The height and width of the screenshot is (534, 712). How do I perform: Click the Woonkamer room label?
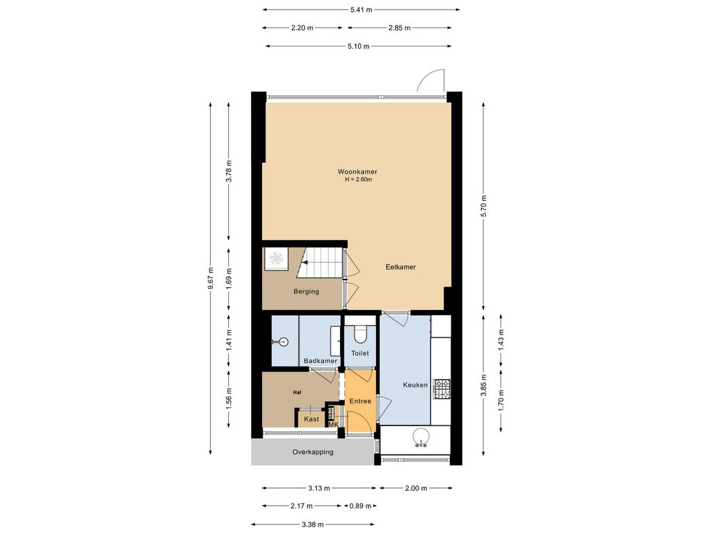tap(357, 171)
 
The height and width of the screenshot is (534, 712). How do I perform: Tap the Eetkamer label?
tap(400, 267)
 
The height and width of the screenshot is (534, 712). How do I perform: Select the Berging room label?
tap(306, 291)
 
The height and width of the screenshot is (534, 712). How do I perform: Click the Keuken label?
tap(415, 385)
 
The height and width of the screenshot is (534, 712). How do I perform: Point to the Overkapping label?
tap(312, 452)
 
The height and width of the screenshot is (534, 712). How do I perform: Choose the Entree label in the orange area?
tap(359, 401)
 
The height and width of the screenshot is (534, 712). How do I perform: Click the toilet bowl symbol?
tap(360, 335)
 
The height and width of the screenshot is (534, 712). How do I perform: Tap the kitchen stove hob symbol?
tap(442, 389)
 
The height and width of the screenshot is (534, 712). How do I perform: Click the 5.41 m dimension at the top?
tap(361, 10)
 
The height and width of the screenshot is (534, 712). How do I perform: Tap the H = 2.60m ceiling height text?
tap(358, 179)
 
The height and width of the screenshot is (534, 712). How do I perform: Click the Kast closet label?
tap(311, 419)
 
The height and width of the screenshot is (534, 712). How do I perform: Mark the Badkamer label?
tap(321, 361)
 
